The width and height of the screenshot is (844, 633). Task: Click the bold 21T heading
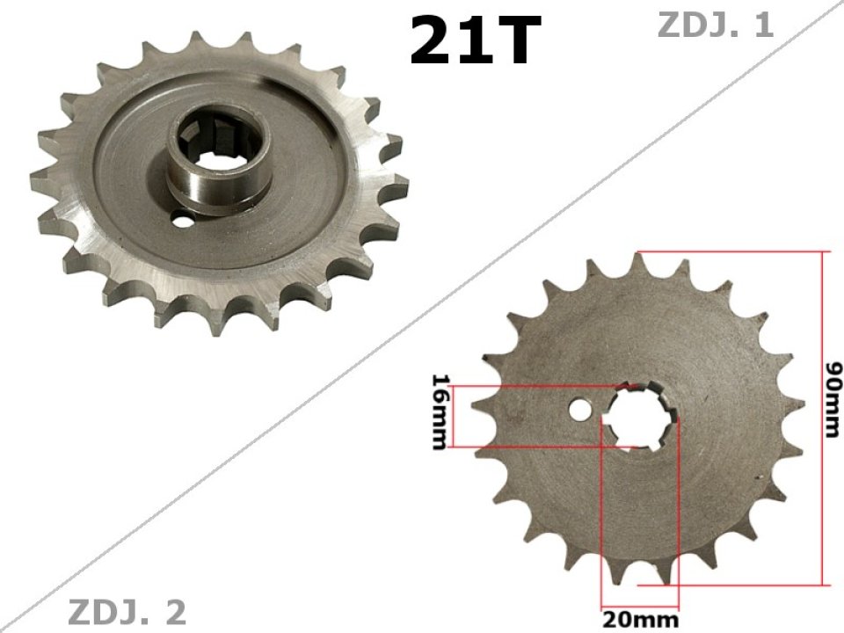tap(471, 41)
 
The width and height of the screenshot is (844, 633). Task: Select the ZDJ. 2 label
tap(127, 611)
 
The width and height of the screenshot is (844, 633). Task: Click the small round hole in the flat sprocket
tap(579, 410)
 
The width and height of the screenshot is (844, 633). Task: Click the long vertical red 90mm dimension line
tap(824, 418)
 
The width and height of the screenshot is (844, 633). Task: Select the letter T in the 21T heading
tap(510, 42)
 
